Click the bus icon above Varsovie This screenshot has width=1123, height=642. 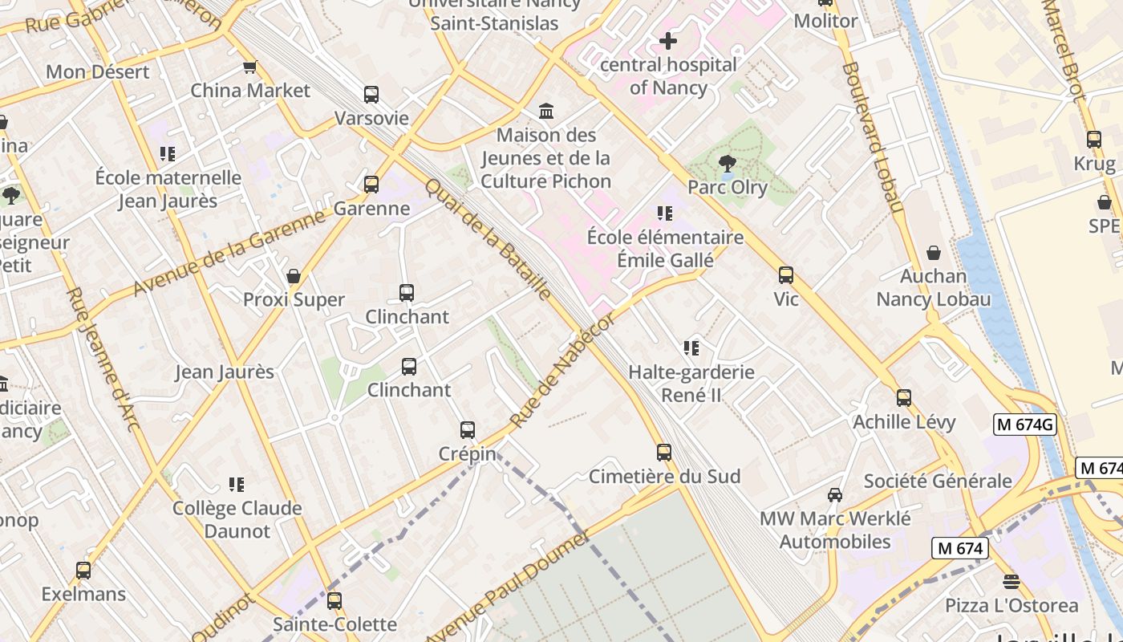click(x=371, y=95)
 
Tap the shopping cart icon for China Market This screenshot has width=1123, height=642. click(x=249, y=67)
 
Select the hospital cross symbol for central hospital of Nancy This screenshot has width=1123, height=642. click(x=667, y=40)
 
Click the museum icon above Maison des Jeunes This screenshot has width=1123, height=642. click(x=546, y=110)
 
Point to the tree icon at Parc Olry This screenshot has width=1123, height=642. click(x=727, y=164)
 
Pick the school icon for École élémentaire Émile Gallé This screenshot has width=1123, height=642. click(x=664, y=213)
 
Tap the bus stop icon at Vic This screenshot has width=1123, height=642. click(x=786, y=275)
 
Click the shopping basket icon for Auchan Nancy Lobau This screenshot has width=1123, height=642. click(x=933, y=253)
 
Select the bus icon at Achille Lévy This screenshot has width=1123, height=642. click(x=904, y=397)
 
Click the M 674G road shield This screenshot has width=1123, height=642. click(x=1024, y=425)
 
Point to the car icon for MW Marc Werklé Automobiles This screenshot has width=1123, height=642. click(x=835, y=494)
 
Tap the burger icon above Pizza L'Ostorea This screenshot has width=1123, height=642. click(x=1011, y=581)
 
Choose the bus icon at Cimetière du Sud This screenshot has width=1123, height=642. click(x=664, y=452)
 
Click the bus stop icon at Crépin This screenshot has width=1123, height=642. click(x=468, y=429)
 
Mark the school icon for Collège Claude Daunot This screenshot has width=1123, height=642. click(x=237, y=484)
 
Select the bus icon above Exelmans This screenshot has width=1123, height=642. click(x=83, y=571)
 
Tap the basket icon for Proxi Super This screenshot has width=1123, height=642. click(x=294, y=276)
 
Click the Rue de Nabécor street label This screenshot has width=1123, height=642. click(x=562, y=370)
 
